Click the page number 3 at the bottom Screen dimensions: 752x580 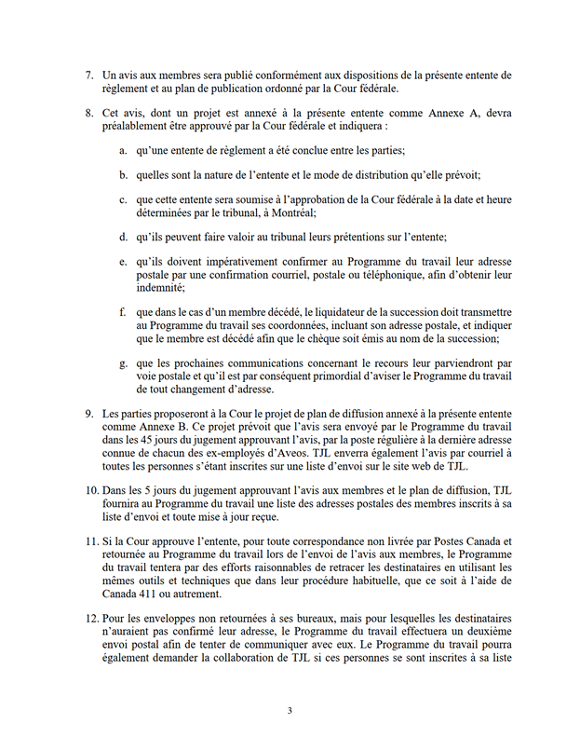[290, 710]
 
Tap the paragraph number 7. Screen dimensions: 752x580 [88, 74]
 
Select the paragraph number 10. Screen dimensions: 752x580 [90, 489]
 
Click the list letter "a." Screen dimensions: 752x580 [124, 150]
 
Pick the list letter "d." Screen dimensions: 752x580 [124, 236]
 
